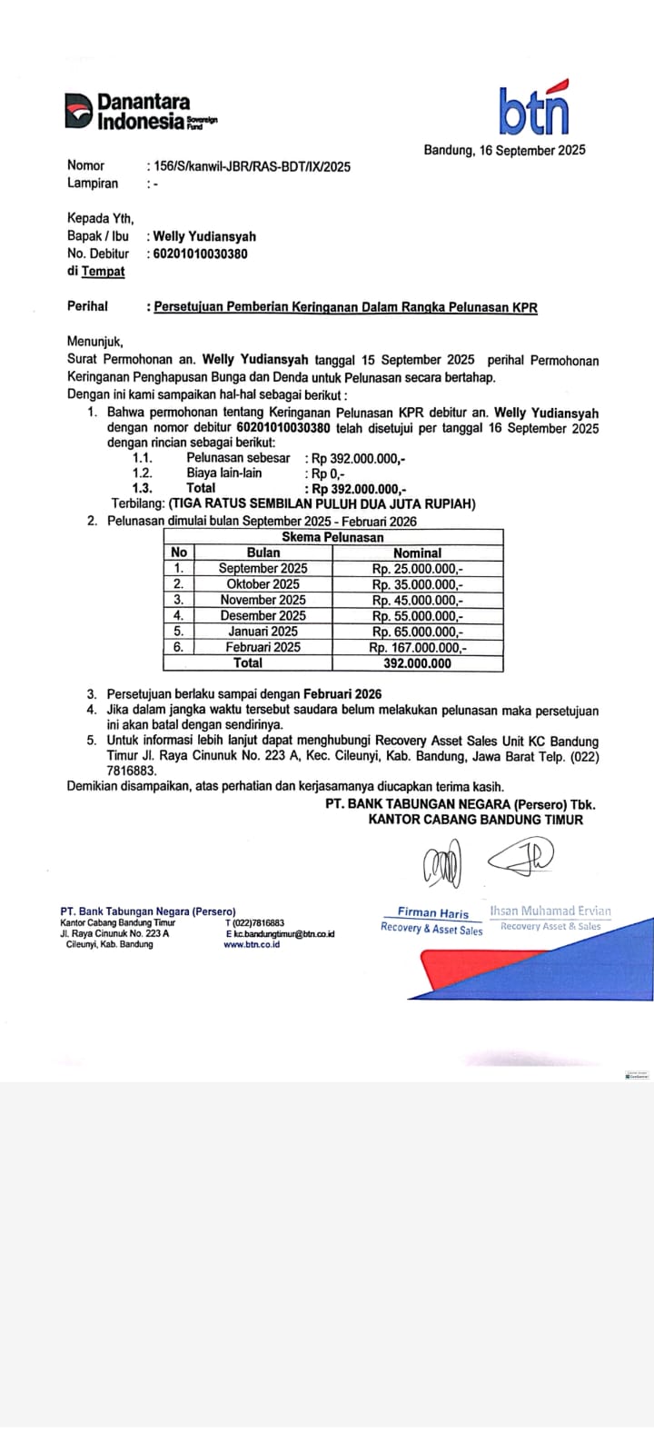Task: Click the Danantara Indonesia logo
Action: click(x=140, y=110)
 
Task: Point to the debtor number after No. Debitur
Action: click(x=200, y=254)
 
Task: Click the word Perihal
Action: click(x=87, y=306)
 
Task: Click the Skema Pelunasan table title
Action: click(x=332, y=537)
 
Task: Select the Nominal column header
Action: click(x=418, y=553)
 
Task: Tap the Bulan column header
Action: click(x=263, y=553)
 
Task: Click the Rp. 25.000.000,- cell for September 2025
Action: click(x=418, y=568)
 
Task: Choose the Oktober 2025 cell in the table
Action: click(x=263, y=584)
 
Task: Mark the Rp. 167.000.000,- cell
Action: click(x=418, y=647)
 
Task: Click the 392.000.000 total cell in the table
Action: click(x=418, y=663)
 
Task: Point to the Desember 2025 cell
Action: click(x=263, y=615)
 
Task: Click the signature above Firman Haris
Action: click(x=442, y=864)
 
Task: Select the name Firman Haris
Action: click(x=433, y=912)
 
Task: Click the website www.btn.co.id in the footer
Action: click(x=252, y=944)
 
